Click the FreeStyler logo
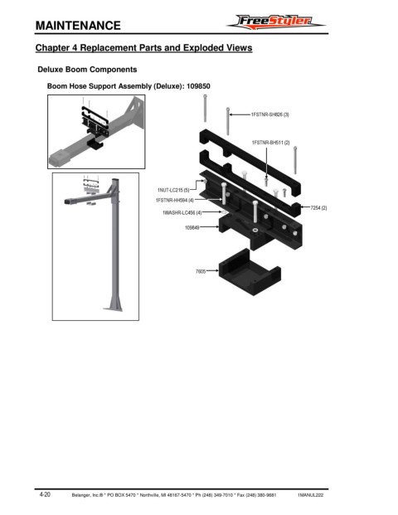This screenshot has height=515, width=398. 275,22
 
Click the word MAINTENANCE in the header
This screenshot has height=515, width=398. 78,26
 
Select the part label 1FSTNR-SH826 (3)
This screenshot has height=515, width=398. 270,114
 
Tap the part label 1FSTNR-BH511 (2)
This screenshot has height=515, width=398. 270,143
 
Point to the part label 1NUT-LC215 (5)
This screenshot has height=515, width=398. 173,190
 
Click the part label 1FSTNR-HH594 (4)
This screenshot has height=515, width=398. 175,200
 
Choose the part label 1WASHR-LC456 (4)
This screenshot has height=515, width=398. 182,213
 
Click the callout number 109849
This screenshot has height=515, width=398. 192,227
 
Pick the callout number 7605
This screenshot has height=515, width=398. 201,271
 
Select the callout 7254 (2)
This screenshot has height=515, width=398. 318,208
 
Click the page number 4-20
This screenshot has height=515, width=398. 45,494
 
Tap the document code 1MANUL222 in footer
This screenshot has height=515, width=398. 310,495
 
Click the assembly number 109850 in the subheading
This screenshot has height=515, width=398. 198,86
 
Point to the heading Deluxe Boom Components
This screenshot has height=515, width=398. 87,70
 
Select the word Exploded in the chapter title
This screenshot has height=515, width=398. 202,47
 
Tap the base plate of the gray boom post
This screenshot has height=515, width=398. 114,309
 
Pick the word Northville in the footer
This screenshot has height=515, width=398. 149,495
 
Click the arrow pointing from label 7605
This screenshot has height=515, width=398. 212,271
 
